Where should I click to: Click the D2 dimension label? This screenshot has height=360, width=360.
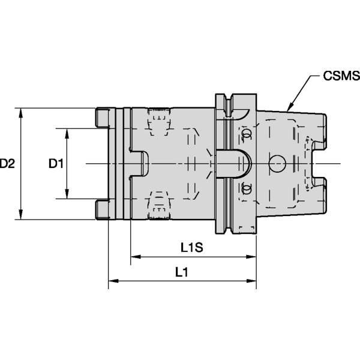point(7,163)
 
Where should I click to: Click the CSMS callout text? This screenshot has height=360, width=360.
point(340,77)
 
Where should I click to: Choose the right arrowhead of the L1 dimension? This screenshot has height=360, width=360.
point(254,280)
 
